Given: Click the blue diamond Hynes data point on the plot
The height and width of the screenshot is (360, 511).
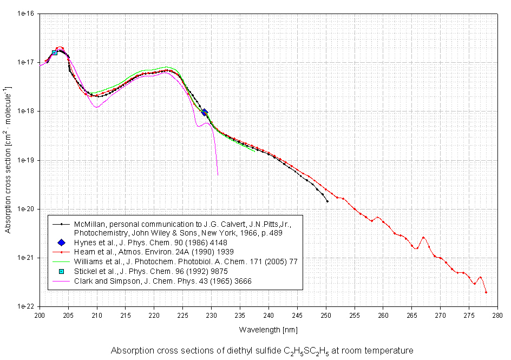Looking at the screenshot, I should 205,112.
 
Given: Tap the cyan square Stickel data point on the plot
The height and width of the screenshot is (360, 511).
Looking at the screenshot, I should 55,53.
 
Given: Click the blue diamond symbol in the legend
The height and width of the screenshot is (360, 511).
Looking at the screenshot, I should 62,243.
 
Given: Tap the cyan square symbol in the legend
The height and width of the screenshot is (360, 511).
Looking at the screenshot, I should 62,271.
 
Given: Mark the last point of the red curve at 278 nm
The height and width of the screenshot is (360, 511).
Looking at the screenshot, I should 486,292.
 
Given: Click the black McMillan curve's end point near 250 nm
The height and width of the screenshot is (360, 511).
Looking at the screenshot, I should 327,201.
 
